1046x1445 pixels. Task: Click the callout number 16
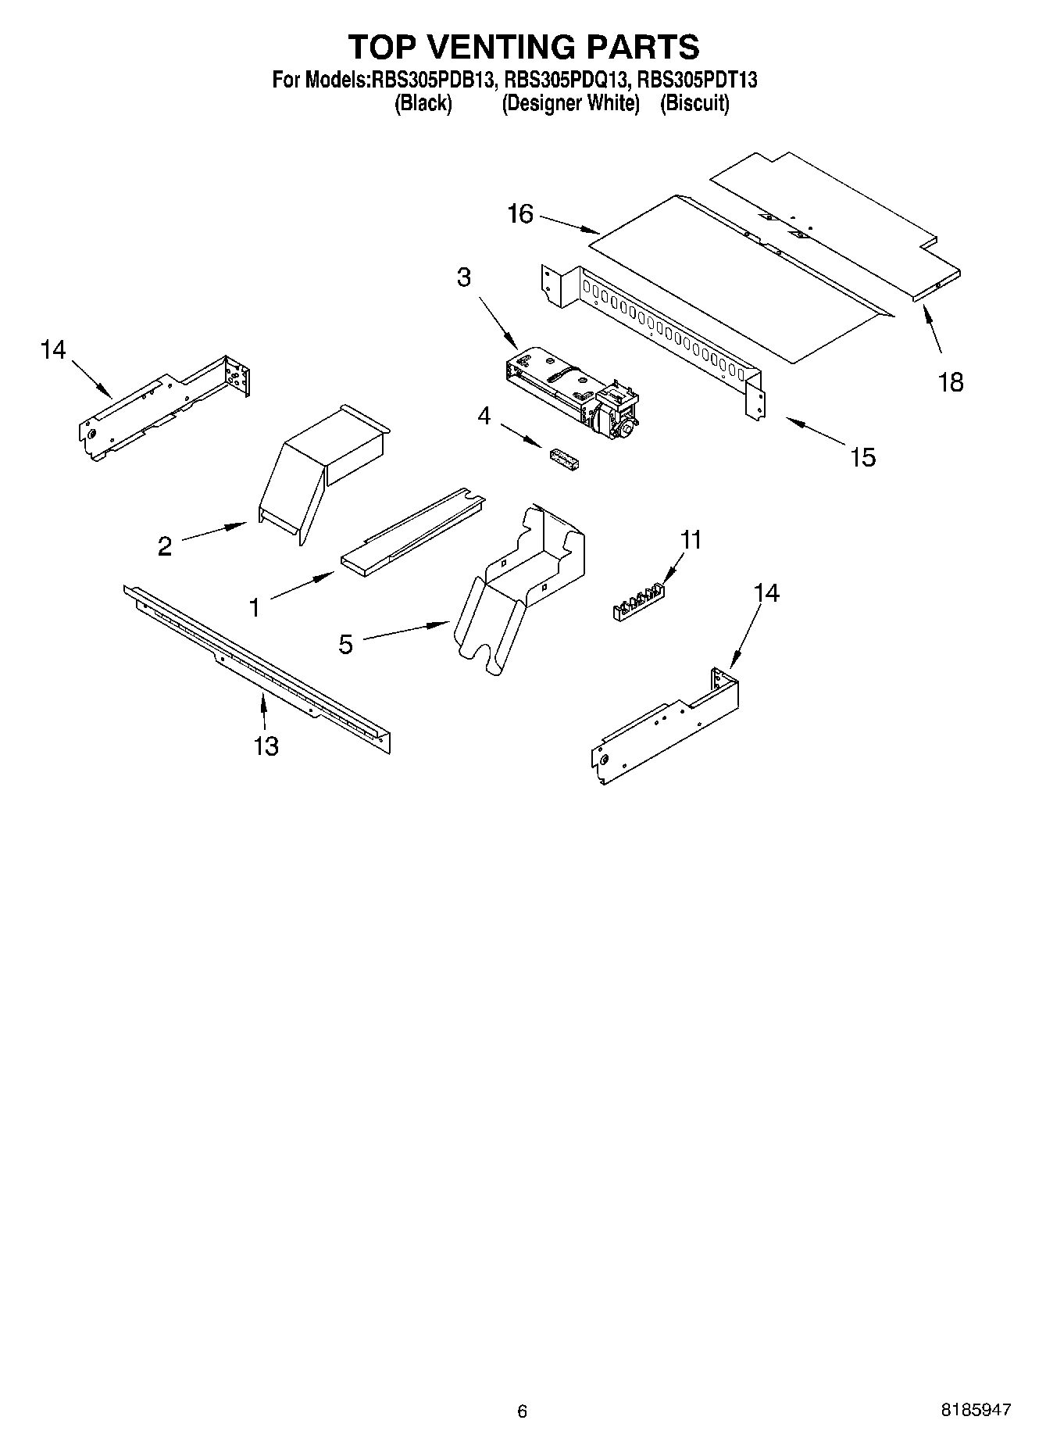(520, 213)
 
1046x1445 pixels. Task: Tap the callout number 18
(951, 383)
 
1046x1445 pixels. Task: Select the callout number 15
(862, 457)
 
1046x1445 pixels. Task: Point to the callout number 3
(464, 277)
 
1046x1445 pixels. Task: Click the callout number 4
(484, 417)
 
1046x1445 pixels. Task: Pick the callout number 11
(691, 540)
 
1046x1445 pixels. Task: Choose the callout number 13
(266, 746)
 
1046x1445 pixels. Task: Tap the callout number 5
(345, 645)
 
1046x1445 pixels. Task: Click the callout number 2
(164, 546)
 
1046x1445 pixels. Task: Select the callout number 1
(254, 607)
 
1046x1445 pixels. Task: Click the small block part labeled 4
(564, 460)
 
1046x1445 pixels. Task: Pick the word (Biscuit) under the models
(694, 103)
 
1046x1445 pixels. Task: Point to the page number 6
(522, 1411)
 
